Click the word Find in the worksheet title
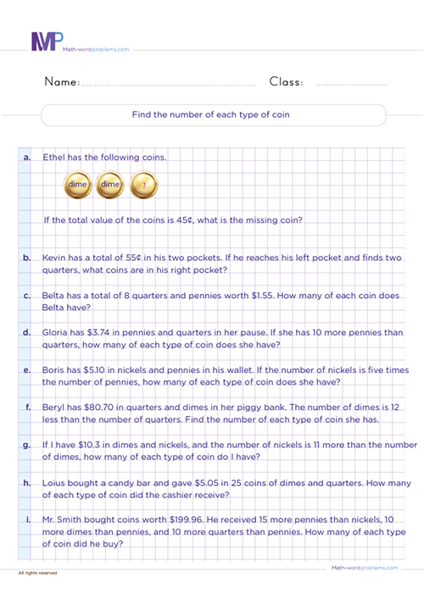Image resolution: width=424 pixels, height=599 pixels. pos(142,114)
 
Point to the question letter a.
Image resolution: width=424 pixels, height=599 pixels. pos(27,158)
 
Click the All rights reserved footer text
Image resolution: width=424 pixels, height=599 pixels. pos(37,574)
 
